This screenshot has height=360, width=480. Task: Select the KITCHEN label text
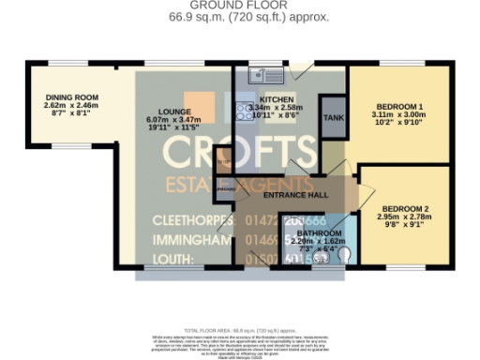(x=277, y=98)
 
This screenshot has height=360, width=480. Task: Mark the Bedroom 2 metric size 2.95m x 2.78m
(x=406, y=217)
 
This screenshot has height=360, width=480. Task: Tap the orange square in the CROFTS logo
(x=197, y=103)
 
